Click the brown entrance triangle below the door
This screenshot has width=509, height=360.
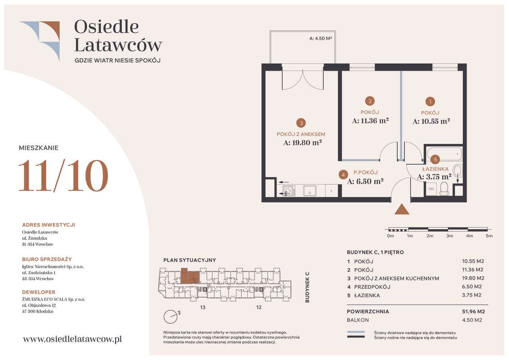(402, 210)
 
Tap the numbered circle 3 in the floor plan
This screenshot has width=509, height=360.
(301, 123)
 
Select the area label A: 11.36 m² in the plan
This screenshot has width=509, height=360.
(370, 121)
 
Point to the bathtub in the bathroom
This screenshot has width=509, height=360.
(444, 154)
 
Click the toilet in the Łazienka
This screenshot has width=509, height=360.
(444, 189)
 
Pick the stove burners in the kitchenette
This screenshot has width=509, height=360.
(289, 191)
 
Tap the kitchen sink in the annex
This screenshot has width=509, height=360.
(310, 191)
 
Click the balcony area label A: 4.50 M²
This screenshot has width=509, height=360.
(321, 39)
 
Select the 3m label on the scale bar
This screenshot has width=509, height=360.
(449, 236)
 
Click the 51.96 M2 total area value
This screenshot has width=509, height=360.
(473, 311)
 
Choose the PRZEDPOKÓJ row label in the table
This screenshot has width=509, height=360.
(372, 287)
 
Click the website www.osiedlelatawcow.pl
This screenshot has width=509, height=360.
(72, 339)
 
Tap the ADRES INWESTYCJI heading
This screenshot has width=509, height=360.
(49, 225)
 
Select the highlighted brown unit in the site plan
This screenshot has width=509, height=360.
(190, 276)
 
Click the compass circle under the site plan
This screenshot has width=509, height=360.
(171, 317)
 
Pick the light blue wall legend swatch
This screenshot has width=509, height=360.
(356, 332)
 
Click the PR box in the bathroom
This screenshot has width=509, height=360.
(431, 189)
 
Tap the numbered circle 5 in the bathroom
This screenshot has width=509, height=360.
(435, 160)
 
